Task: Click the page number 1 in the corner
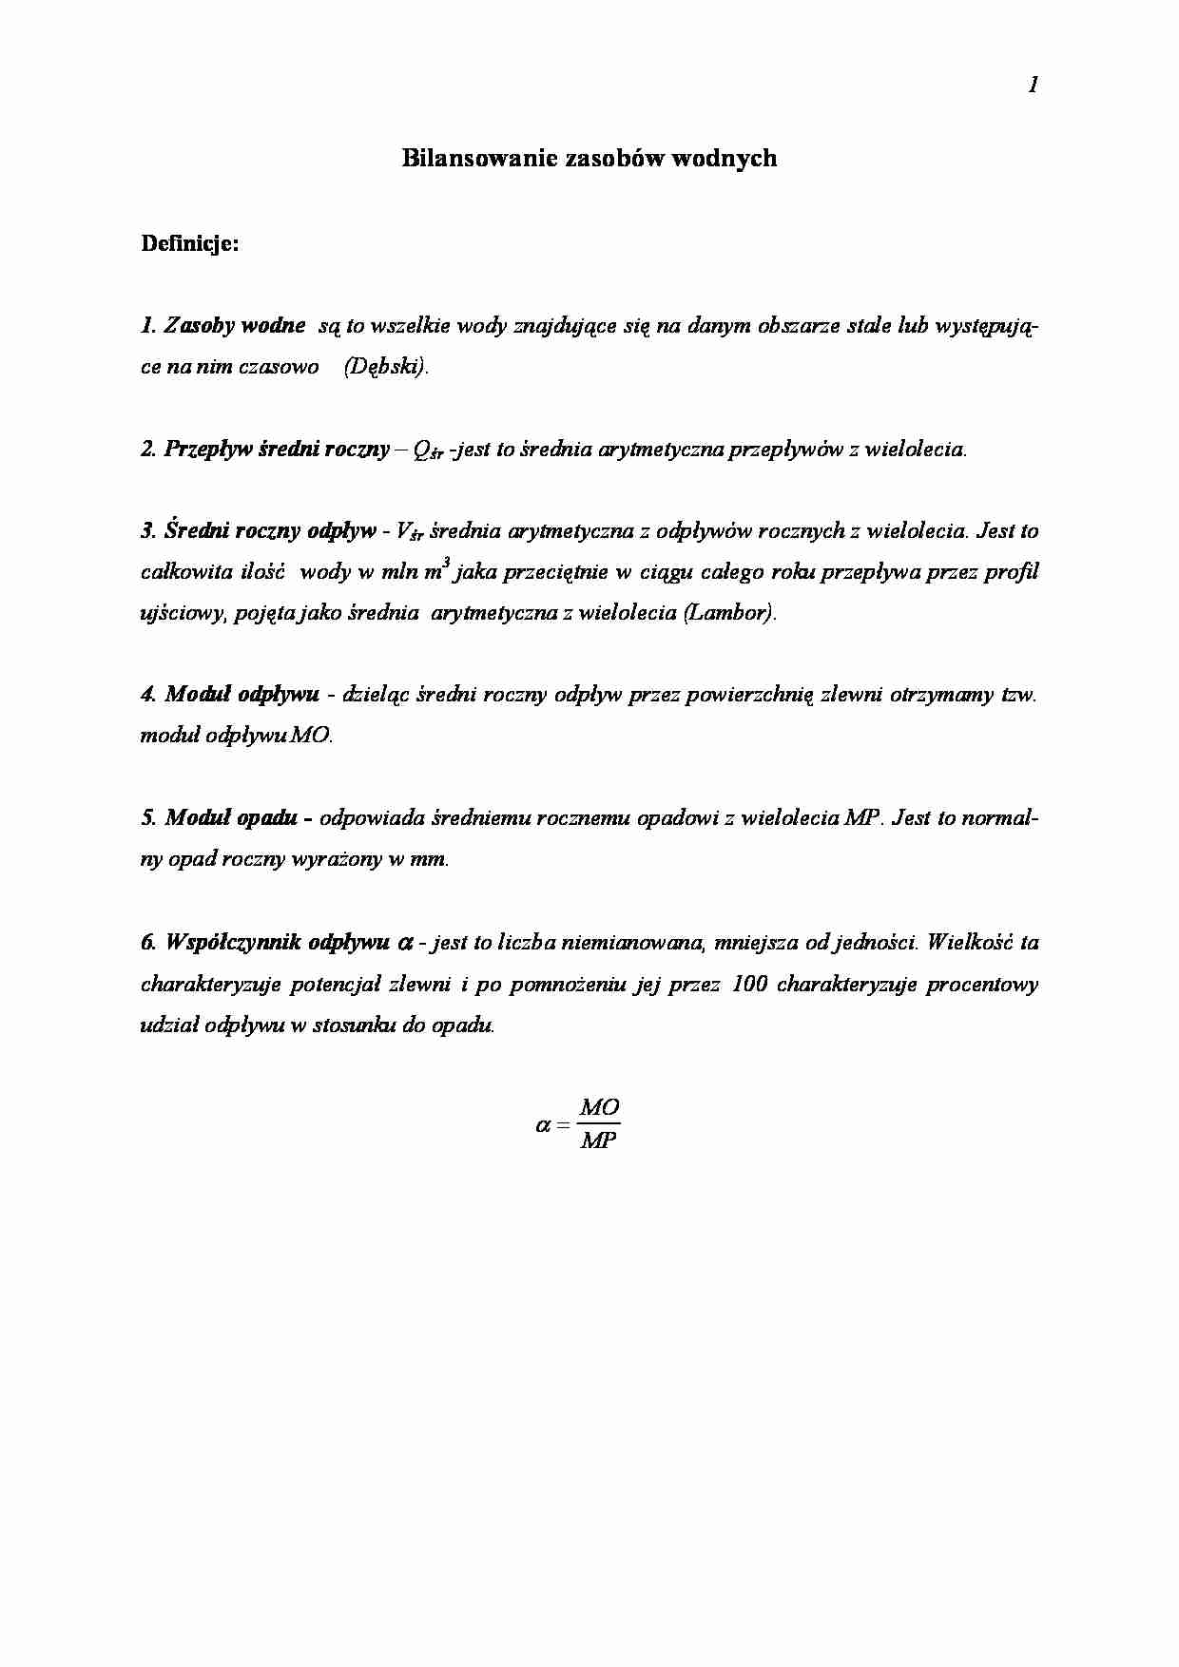click(1033, 86)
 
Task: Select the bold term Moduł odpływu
click(242, 695)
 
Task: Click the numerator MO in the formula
click(600, 1108)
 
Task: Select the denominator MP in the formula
click(600, 1140)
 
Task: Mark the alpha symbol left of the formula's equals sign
click(543, 1125)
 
